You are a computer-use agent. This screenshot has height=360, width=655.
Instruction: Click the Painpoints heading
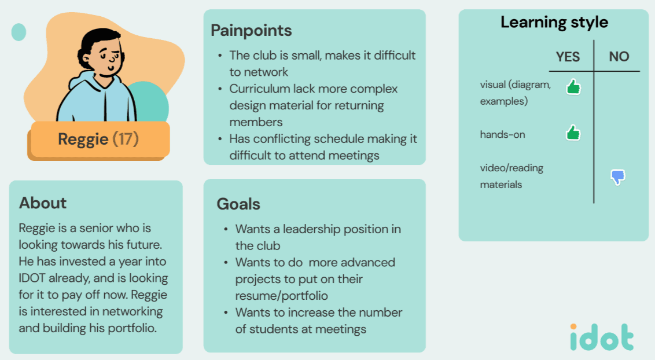pos(251,30)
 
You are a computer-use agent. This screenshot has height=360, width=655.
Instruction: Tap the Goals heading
pos(238,204)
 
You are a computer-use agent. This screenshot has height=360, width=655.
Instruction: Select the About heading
pos(43,203)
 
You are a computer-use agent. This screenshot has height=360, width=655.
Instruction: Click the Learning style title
pos(554,23)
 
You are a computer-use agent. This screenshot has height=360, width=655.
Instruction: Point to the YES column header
pos(568,57)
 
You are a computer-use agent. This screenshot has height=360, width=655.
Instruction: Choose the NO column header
pos(619,57)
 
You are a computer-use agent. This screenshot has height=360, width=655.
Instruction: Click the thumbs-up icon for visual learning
pos(573,87)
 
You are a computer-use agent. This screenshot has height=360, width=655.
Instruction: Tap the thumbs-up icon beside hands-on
pos(573,133)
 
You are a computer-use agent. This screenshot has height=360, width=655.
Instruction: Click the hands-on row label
pos(502,135)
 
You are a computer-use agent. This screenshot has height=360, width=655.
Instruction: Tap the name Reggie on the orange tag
pos(83,139)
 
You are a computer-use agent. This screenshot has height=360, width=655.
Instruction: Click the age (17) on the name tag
pos(125,139)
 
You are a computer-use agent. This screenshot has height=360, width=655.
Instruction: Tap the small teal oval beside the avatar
pos(19,32)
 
